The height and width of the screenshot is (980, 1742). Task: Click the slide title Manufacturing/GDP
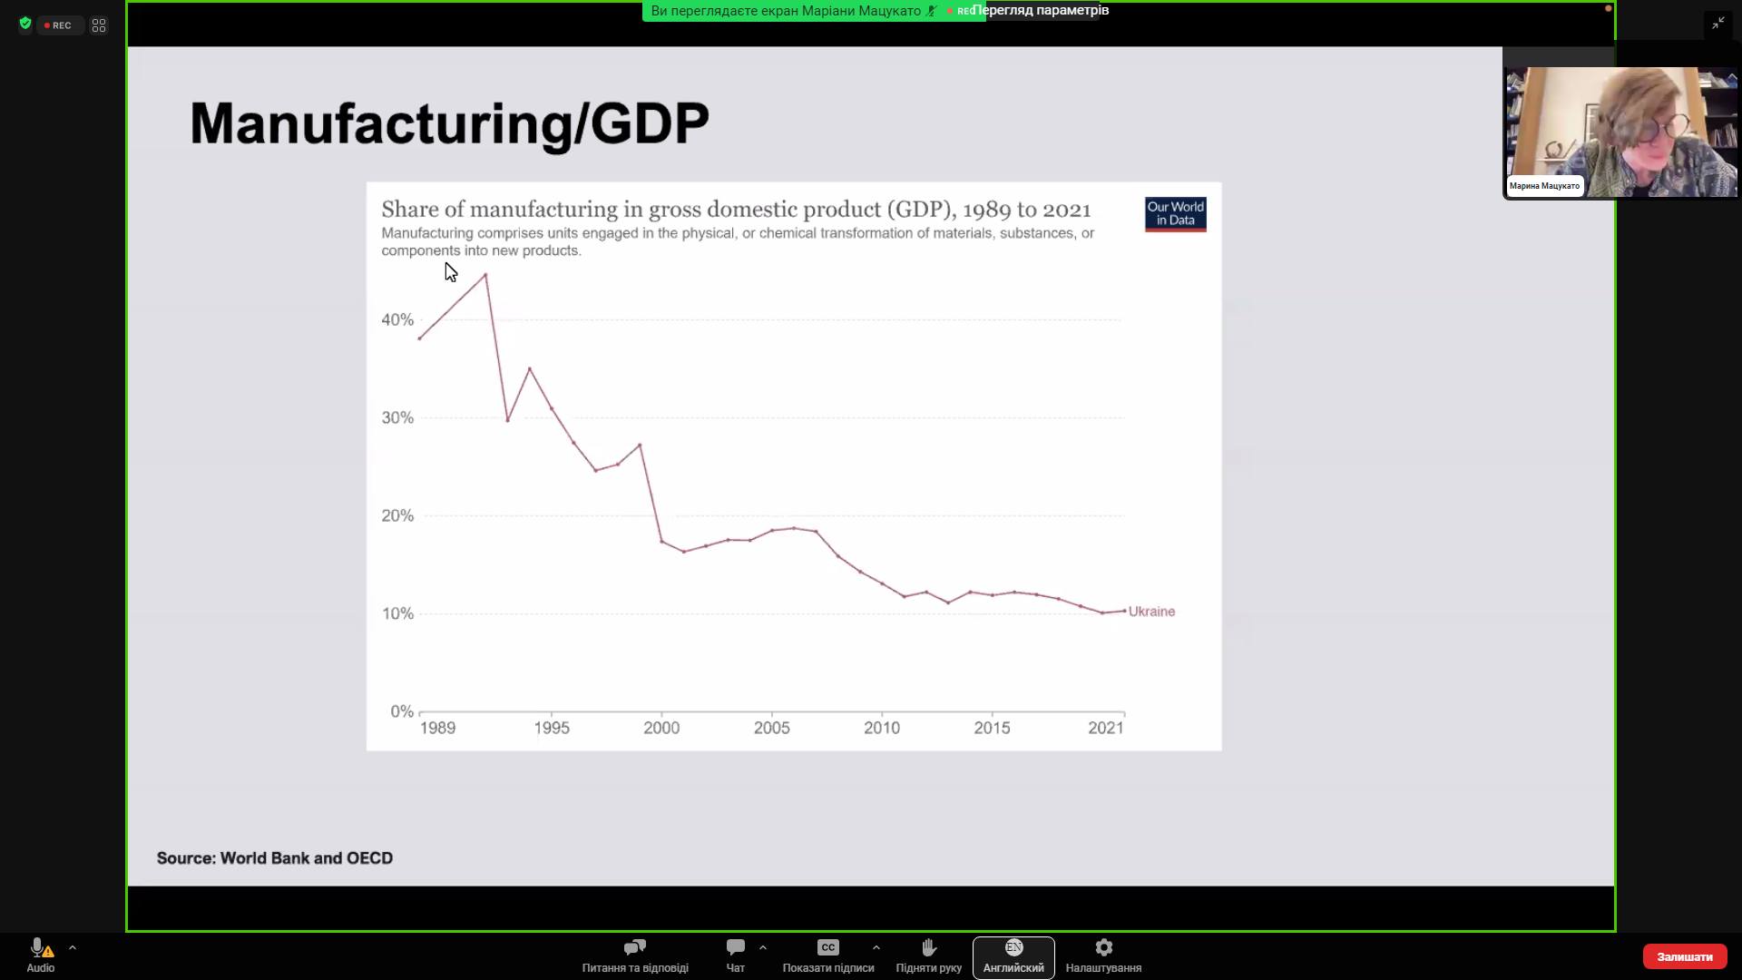449,123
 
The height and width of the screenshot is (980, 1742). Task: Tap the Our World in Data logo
1175,214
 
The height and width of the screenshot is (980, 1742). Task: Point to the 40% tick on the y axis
397,319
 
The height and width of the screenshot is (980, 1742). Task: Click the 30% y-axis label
397,417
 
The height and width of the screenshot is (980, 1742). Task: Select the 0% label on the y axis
401,711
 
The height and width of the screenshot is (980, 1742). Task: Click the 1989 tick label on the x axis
437,728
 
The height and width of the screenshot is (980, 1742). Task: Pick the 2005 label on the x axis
771,728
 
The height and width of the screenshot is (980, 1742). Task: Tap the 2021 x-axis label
1106,728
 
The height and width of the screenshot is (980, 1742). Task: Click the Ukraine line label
1151,612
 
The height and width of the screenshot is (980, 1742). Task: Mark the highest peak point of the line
485,274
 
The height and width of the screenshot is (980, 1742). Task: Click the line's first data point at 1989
419,338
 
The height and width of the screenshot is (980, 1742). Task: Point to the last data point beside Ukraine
1125,611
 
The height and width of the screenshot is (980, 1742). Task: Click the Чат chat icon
735,947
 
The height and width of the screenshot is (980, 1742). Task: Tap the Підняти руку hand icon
928,947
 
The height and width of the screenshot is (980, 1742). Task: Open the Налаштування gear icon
1103,947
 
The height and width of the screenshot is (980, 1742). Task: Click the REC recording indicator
59,25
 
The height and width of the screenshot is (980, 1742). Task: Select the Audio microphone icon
38,947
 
